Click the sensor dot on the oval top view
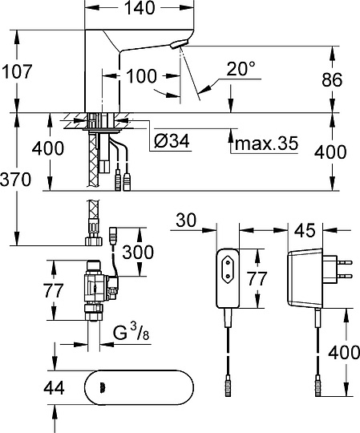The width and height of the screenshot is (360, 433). pos(102,389)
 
